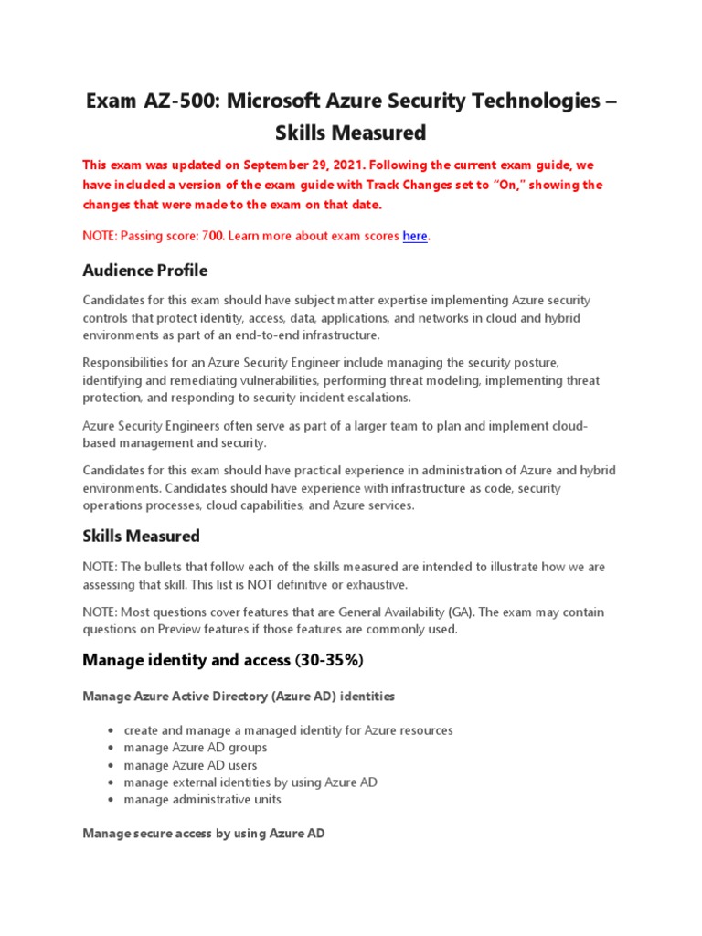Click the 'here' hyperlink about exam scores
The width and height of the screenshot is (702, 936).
click(415, 236)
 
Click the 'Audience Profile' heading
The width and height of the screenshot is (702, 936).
click(144, 271)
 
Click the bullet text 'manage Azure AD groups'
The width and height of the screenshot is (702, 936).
click(196, 748)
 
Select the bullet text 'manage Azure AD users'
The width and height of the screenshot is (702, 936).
click(190, 765)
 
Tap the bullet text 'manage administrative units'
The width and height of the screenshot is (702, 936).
click(202, 800)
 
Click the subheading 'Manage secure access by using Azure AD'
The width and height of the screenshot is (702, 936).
click(203, 834)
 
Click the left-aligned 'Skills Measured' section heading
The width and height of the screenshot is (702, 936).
click(141, 536)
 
